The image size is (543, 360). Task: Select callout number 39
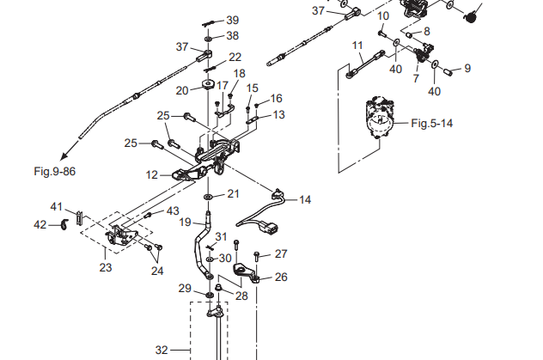[232, 20]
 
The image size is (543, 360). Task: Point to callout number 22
[235, 58]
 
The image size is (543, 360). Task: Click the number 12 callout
[152, 174]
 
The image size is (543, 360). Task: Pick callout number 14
[305, 199]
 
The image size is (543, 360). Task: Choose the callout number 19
[184, 222]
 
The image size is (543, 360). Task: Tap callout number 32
[162, 350]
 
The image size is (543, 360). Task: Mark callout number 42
[40, 224]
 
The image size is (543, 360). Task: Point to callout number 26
[281, 277]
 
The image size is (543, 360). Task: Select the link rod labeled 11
[364, 65]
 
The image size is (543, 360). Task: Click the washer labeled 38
[209, 38]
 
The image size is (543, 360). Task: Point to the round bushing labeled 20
[207, 84]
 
